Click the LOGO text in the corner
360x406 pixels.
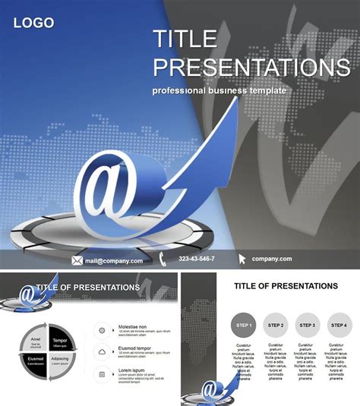point(33,23)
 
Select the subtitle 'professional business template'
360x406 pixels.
point(219,90)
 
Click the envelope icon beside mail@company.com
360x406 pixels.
point(77,260)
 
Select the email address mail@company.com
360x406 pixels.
point(113,260)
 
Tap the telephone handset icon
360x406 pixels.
point(164,260)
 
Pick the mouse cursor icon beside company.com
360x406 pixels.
point(242,260)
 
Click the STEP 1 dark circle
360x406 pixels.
point(243,325)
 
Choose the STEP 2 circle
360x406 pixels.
point(276,325)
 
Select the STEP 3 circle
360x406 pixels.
point(307,325)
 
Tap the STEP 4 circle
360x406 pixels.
point(339,325)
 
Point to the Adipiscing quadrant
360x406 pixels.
point(60,363)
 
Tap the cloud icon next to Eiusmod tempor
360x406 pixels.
point(102,351)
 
